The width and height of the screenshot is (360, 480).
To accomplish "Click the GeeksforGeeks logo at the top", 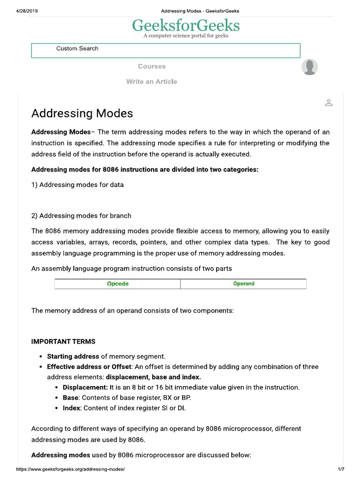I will pyautogui.click(x=186, y=25).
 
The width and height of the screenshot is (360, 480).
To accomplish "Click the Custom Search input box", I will pyautogui.click(x=165, y=50).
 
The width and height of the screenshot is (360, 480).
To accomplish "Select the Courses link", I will pyautogui.click(x=151, y=67).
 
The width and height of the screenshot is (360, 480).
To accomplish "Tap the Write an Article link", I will pyautogui.click(x=151, y=82).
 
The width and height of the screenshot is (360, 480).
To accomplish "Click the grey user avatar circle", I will pyautogui.click(x=309, y=67).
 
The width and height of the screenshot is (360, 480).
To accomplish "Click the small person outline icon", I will pyautogui.click(x=329, y=103).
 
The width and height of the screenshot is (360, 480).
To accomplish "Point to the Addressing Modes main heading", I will pyautogui.click(x=82, y=113).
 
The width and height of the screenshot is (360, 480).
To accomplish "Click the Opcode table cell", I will pyautogui.click(x=118, y=284).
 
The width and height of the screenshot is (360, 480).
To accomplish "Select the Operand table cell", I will pyautogui.click(x=244, y=284).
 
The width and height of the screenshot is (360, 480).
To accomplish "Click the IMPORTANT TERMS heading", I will pyautogui.click(x=63, y=341).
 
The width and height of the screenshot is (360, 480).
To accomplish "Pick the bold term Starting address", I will pyautogui.click(x=73, y=356).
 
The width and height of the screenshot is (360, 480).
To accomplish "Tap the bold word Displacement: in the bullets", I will pyautogui.click(x=85, y=387).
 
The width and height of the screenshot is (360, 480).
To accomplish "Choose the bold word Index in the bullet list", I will pyautogui.click(x=72, y=408).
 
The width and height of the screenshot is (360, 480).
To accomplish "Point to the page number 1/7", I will pyautogui.click(x=341, y=469).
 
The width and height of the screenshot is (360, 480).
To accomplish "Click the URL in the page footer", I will pyautogui.click(x=70, y=469).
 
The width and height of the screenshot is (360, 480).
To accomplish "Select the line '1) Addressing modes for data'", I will pyautogui.click(x=77, y=185).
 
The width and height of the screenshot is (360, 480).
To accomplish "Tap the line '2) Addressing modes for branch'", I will pyautogui.click(x=81, y=216).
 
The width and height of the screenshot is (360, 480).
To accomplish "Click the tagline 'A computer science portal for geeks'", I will pyautogui.click(x=186, y=36).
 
